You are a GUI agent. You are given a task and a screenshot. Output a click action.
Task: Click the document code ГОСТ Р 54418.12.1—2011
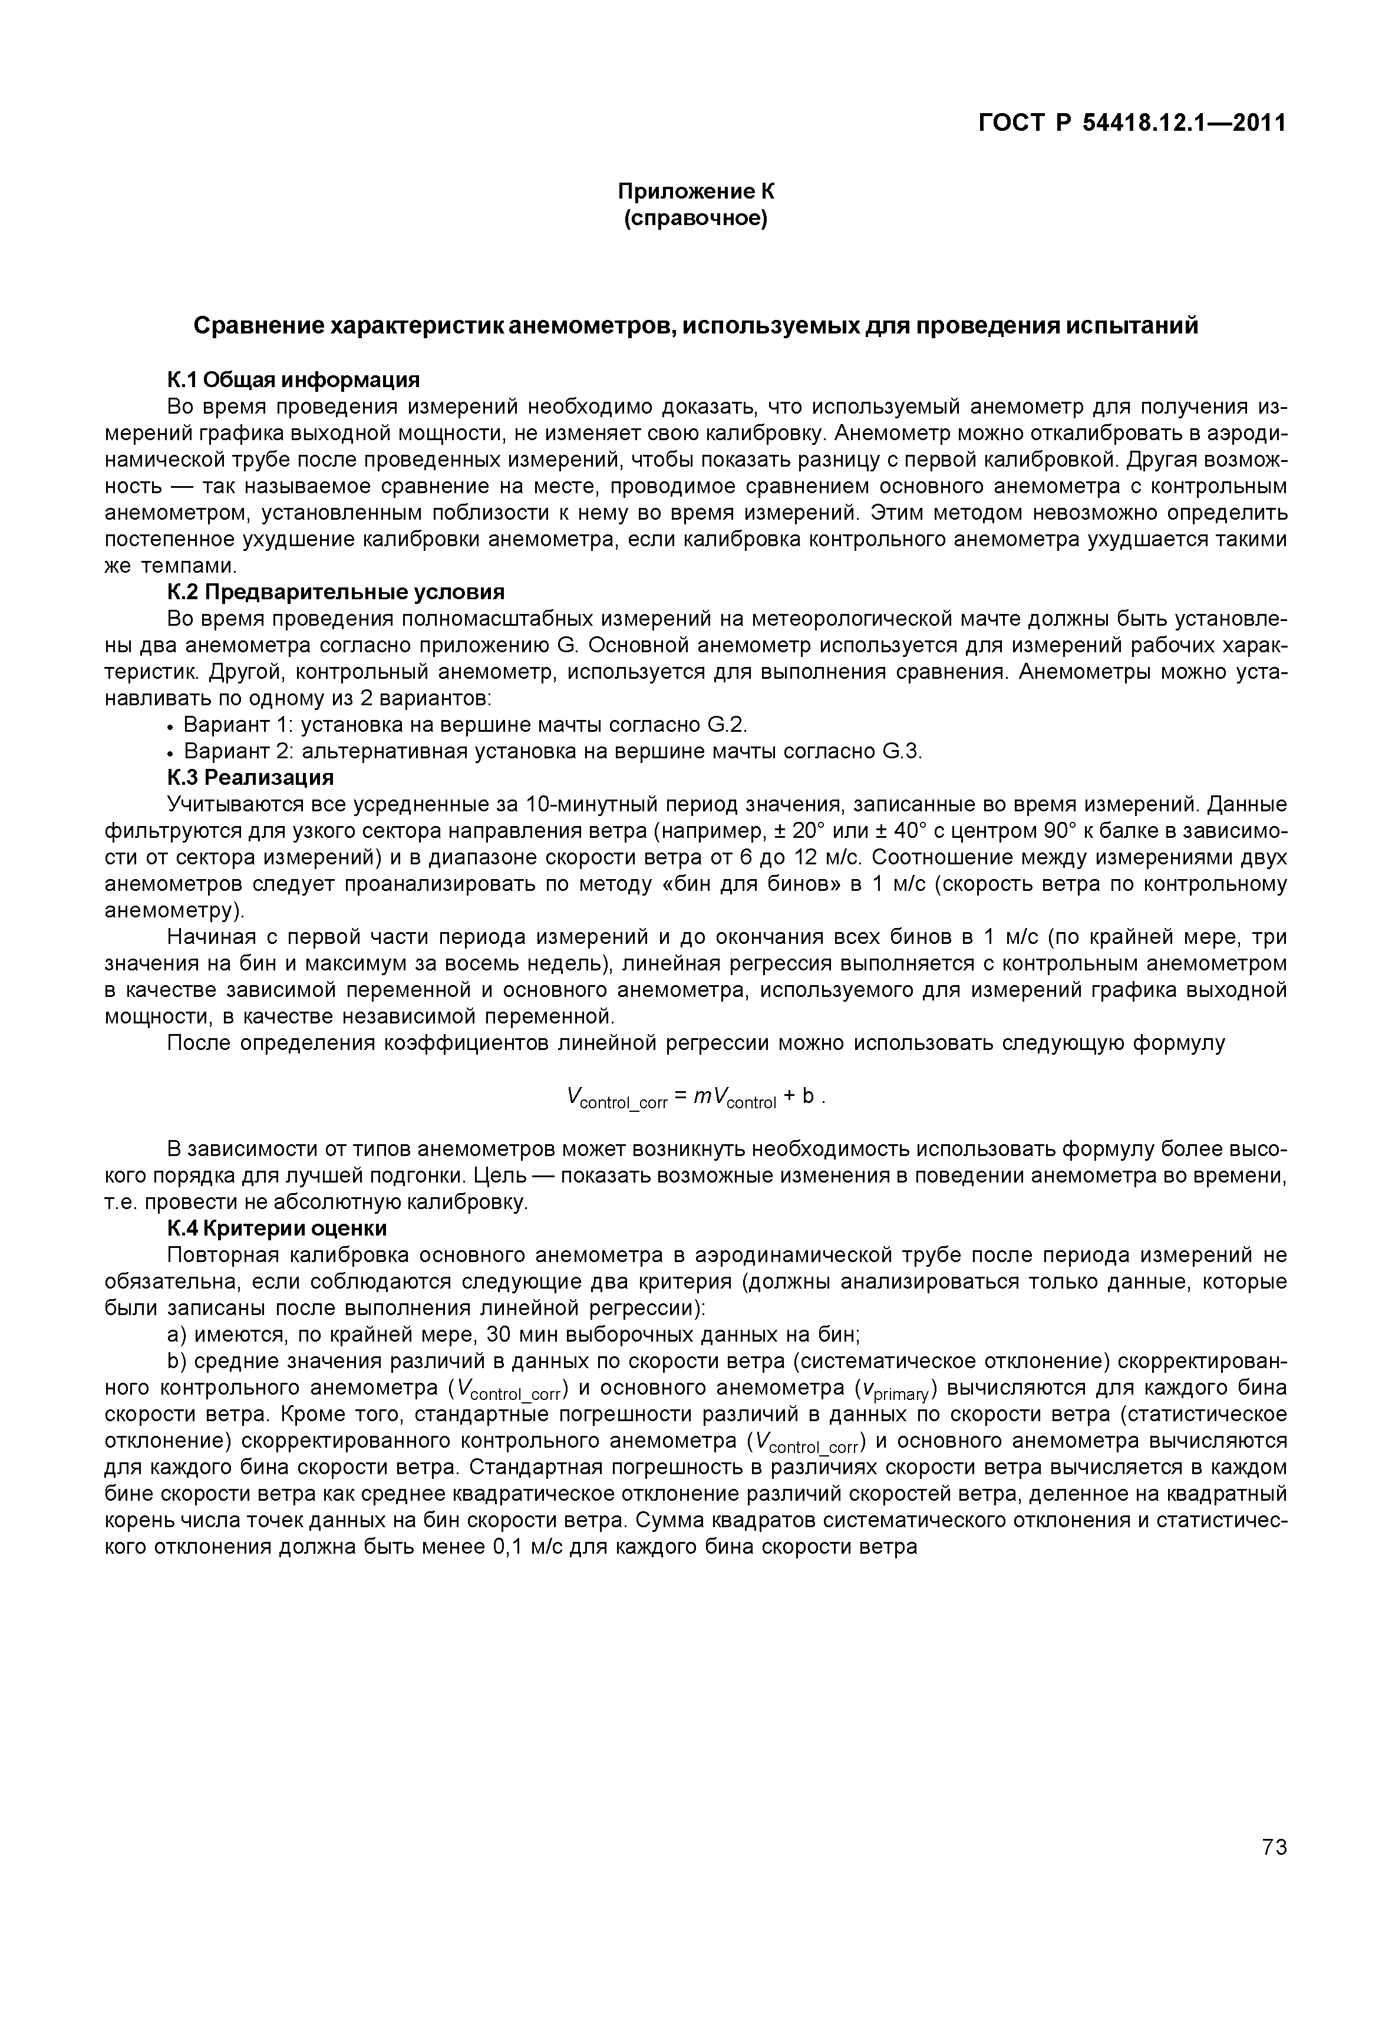point(1131,123)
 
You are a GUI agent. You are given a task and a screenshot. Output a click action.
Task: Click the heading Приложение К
point(696,191)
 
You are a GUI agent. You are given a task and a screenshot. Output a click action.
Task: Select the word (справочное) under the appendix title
point(696,218)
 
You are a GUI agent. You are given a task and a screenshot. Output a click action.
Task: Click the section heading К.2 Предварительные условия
point(336,592)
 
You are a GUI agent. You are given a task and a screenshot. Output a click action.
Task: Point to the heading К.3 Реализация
point(250,777)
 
